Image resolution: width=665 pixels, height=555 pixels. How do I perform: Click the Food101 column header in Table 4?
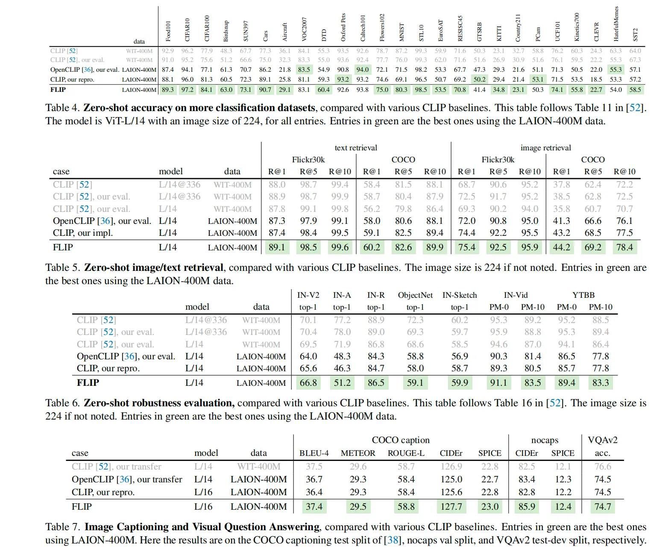pyautogui.click(x=168, y=31)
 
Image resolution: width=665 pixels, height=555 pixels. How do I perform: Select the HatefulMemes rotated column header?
pyautogui.click(x=616, y=24)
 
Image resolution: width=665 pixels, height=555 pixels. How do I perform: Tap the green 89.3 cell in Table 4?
pyautogui.click(x=168, y=90)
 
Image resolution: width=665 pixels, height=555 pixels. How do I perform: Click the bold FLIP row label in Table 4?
pyautogui.click(x=58, y=90)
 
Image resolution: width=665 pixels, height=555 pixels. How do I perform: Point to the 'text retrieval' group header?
pyautogui.click(x=356, y=148)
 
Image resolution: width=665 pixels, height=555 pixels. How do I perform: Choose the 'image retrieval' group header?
pyautogui.click(x=545, y=148)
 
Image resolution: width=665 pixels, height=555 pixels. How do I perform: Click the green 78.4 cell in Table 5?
pyautogui.click(x=624, y=247)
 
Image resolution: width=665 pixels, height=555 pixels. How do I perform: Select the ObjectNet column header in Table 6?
pyautogui.click(x=415, y=295)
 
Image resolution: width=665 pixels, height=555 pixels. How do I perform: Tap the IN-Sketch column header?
pyautogui.click(x=460, y=295)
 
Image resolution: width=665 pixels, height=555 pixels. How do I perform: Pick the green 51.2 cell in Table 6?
pyautogui.click(x=342, y=383)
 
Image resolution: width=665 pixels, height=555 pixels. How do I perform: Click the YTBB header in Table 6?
pyautogui.click(x=583, y=295)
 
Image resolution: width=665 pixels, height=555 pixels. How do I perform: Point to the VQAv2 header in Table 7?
pyautogui.click(x=603, y=440)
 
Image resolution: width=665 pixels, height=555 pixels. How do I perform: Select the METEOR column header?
pyautogui.click(x=358, y=453)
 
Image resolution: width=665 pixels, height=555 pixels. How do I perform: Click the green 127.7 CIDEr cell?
pyautogui.click(x=451, y=507)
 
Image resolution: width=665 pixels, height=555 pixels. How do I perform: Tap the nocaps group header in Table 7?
pyautogui.click(x=545, y=440)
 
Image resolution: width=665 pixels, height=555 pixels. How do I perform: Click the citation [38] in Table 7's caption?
pyautogui.click(x=392, y=540)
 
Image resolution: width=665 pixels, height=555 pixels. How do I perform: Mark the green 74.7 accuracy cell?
pyautogui.click(x=603, y=507)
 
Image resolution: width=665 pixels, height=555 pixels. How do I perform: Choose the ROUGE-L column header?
pyautogui.click(x=406, y=453)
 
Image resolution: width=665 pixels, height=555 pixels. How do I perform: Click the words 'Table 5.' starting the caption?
pyautogui.click(x=63, y=268)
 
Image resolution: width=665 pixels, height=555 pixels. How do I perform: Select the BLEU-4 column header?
pyautogui.click(x=314, y=453)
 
